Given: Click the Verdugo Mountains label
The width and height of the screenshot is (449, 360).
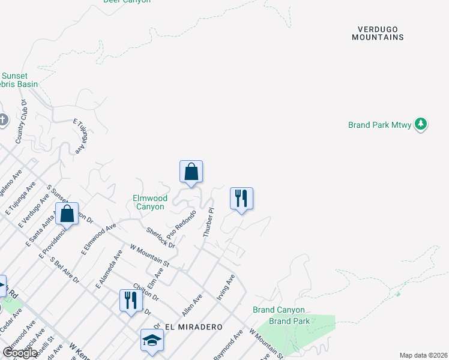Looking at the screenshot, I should [x=378, y=33].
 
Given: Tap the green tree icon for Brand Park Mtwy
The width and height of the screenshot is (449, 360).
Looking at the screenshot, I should [x=421, y=124].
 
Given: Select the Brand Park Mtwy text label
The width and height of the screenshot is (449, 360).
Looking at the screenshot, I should [x=380, y=125].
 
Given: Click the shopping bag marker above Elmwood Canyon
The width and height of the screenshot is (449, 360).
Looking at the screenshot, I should [x=191, y=172].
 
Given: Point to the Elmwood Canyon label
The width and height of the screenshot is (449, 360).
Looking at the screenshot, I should [x=149, y=202].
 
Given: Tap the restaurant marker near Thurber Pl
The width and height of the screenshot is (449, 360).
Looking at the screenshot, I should [x=241, y=199].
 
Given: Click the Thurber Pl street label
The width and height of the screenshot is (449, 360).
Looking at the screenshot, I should [x=208, y=223].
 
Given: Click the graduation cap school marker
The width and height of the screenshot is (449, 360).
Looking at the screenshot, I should [x=152, y=340].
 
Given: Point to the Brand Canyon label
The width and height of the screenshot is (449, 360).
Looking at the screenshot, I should [x=279, y=310].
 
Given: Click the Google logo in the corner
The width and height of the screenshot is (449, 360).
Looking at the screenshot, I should [x=20, y=353].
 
